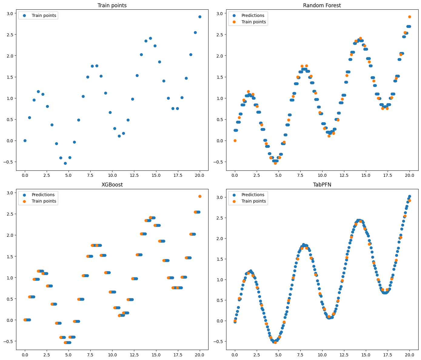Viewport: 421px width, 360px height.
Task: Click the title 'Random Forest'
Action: coord(322,5)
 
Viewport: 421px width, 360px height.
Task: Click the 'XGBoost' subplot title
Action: coord(112,185)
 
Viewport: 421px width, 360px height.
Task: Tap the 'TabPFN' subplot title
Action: coord(322,185)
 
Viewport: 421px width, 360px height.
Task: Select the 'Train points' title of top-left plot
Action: coord(112,5)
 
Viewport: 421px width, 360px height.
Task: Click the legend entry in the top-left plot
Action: coord(44,15)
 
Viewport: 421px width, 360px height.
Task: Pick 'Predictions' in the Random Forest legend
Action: coord(253,15)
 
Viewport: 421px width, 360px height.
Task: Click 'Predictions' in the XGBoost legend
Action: coord(43,195)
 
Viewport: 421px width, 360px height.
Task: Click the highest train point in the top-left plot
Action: coord(200,17)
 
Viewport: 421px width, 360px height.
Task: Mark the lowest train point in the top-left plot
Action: coord(65,163)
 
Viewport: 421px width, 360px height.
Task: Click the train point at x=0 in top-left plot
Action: coord(25,140)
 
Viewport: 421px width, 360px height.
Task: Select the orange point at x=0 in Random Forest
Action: coord(235,140)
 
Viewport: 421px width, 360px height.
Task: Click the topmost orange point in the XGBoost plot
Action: coord(200,196)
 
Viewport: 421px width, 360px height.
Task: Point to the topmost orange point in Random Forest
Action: coord(409,17)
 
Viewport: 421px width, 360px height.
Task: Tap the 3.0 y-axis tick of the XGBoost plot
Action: coord(9,193)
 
